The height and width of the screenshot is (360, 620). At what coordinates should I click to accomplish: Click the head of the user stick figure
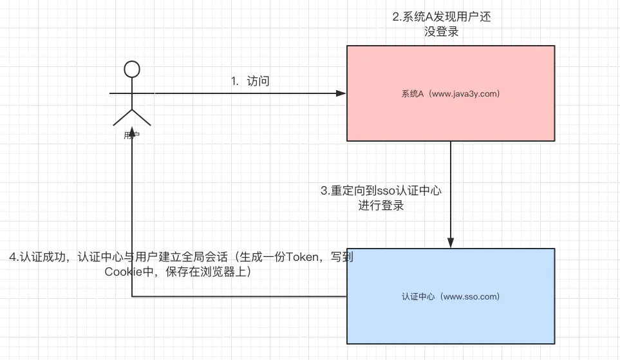click(x=132, y=69)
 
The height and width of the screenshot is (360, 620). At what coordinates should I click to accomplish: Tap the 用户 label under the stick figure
click(x=131, y=136)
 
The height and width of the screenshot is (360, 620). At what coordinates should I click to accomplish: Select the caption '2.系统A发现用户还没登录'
click(x=442, y=24)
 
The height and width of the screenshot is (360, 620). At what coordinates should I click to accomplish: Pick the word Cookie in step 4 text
click(x=122, y=272)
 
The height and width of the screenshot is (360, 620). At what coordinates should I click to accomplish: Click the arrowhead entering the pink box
click(x=341, y=94)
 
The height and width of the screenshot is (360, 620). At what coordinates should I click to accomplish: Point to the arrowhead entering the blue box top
click(x=451, y=243)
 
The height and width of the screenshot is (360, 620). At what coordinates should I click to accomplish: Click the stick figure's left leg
click(x=122, y=117)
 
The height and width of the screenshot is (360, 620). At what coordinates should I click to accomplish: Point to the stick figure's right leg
click(x=142, y=117)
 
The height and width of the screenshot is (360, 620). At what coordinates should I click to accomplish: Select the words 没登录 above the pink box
click(x=442, y=32)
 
